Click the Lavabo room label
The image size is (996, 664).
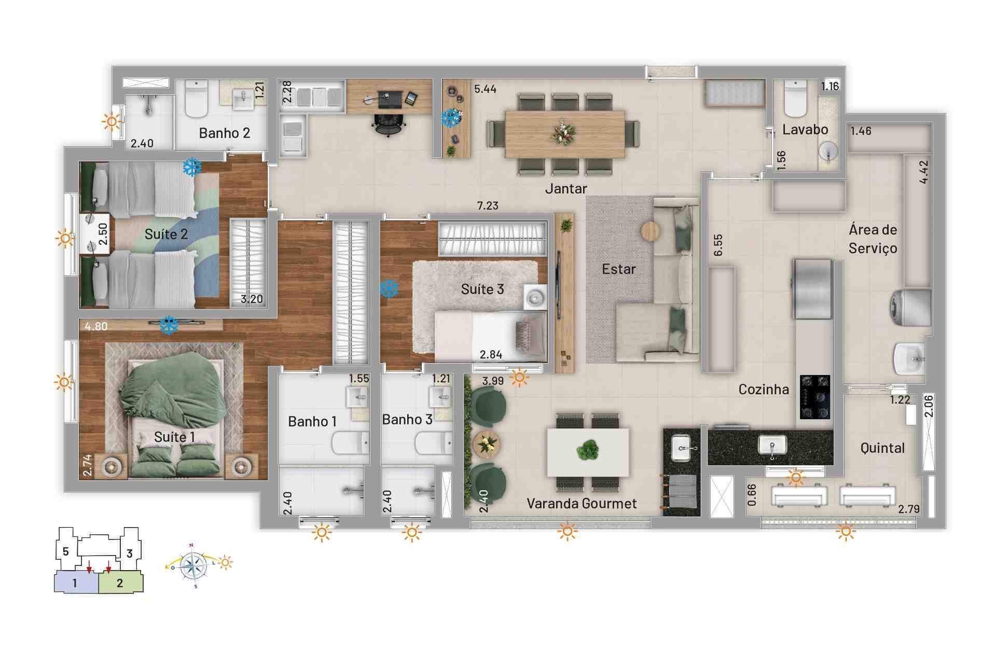(x=805, y=130)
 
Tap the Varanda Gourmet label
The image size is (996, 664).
(x=582, y=504)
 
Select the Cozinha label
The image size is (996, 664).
(x=764, y=390)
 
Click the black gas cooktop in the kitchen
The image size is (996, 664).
(x=815, y=397)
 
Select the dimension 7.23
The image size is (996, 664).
(x=488, y=206)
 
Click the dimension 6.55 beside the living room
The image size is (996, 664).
(x=718, y=245)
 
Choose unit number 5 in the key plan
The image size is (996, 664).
(x=65, y=551)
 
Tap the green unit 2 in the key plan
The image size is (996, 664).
(x=120, y=583)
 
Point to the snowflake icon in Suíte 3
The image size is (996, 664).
(x=389, y=289)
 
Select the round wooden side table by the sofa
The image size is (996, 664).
(x=651, y=231)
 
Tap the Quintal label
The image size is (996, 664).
(x=882, y=448)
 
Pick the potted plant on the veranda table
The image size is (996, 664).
(x=587, y=451)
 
